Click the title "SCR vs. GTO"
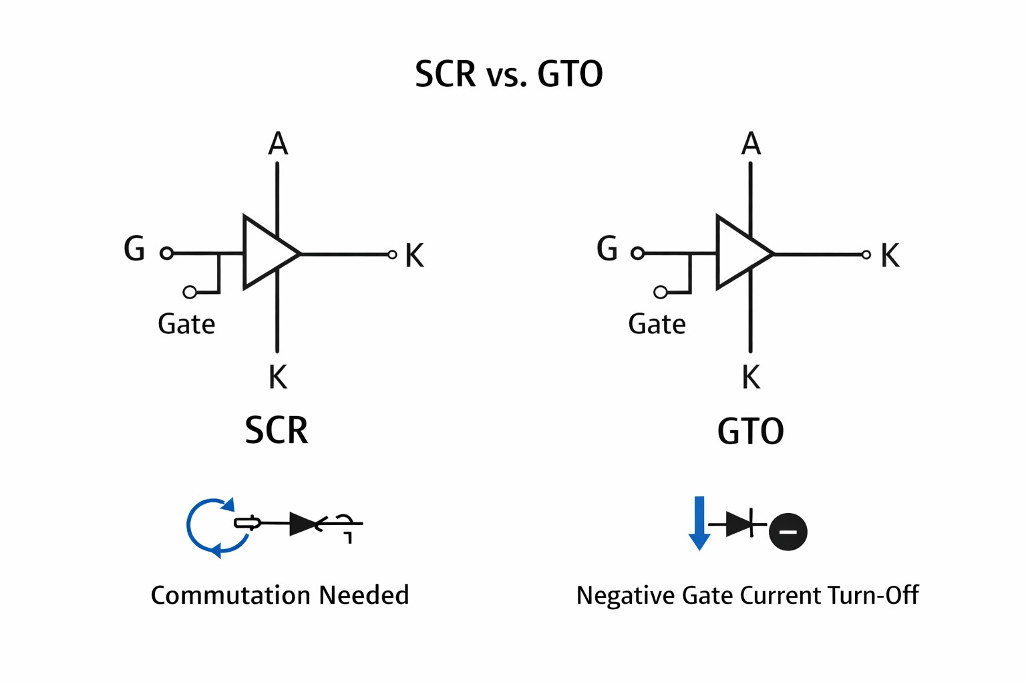pos(509,73)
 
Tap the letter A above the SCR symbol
pos(278,144)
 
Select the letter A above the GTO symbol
pos(751,144)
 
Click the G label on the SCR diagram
pos(134,249)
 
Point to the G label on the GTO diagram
pos(607,249)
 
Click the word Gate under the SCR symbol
pos(186,325)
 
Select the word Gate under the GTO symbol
pos(657,325)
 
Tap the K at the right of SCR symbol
pos(414,256)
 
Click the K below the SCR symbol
pos(277,378)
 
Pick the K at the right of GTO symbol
pos(890,256)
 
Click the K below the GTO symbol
pos(751,378)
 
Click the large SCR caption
pos(277,431)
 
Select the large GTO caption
pos(750,432)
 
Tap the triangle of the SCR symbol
pos(266,253)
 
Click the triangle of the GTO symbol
pos(739,253)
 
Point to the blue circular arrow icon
pos(212,527)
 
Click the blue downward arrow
pos(699,524)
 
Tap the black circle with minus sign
pos(788,532)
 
